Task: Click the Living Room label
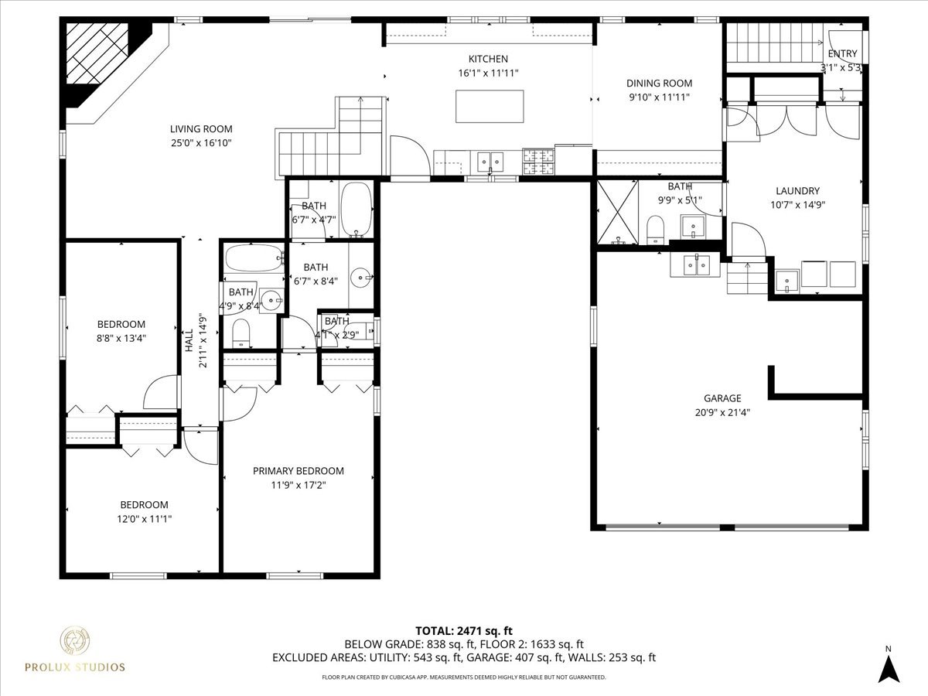201,129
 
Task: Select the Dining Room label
659,84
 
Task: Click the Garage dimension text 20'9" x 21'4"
722,412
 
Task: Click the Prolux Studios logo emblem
75,641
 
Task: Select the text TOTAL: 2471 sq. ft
464,630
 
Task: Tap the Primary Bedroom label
299,471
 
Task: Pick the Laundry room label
797,191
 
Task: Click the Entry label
842,53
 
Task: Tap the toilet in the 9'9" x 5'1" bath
656,227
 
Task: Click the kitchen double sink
489,161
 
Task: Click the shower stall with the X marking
616,212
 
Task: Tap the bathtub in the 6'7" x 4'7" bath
357,208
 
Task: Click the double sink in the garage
697,264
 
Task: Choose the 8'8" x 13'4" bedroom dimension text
121,337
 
